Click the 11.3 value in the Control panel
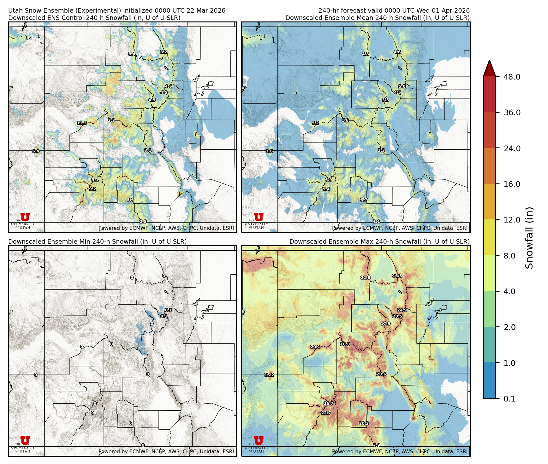82,123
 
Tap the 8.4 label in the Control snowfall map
132,54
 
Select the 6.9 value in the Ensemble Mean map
329,180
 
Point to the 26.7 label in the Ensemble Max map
329,403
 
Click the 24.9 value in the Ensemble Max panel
402,310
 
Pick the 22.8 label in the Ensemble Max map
365,278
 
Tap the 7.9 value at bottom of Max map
377,445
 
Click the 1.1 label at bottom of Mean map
377,222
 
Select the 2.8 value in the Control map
143,222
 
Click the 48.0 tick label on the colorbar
512,77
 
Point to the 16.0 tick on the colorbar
512,184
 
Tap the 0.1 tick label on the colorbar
509,399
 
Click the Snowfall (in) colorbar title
529,237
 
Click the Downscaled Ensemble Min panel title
97,241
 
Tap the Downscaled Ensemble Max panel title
379,241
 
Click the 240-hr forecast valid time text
394,10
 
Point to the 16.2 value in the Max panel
269,375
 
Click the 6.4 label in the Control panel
36,151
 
